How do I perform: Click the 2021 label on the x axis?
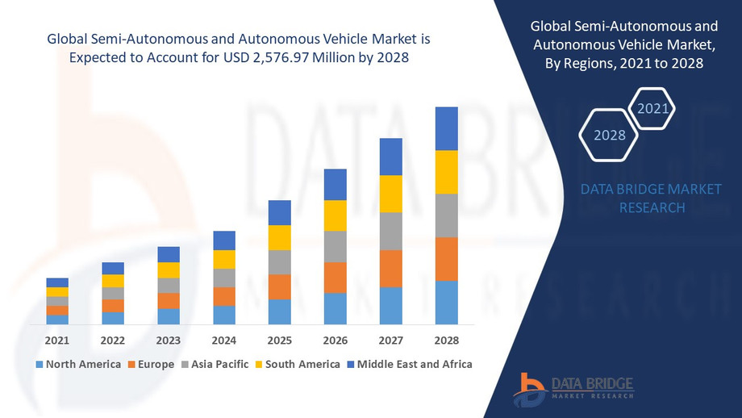tap(57, 339)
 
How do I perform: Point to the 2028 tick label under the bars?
tap(446, 339)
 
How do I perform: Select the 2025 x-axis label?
tap(279, 339)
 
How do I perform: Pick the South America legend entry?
tap(298, 364)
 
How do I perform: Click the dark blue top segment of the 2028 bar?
tap(446, 128)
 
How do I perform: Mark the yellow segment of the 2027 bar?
tap(390, 194)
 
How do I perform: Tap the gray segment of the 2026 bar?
tap(335, 246)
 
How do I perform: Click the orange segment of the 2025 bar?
tap(279, 286)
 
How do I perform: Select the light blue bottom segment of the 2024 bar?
tap(224, 315)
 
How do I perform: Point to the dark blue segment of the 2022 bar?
tap(113, 268)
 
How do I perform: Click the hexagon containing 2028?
tap(610, 135)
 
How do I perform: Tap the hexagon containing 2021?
tap(651, 107)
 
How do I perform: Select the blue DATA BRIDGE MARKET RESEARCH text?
tap(652, 198)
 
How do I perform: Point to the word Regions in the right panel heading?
tap(591, 65)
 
